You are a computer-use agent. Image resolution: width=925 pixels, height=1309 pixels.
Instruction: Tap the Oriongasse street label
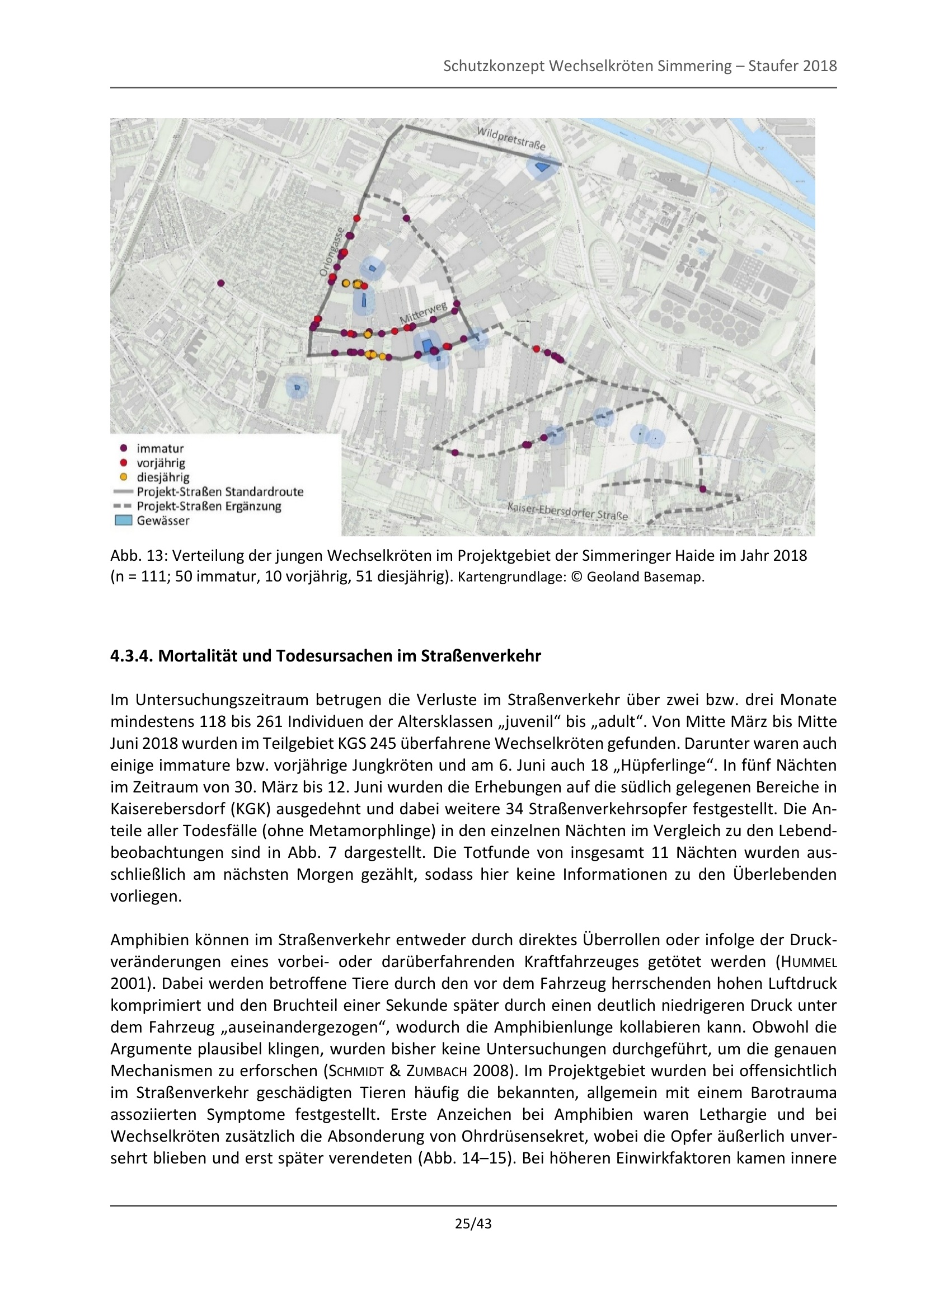332,252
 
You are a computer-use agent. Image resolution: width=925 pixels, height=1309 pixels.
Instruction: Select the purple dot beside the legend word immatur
123,448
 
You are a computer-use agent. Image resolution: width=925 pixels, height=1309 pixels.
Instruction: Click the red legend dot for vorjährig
123,462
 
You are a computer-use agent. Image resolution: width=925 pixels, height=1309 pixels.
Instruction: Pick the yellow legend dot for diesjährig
123,477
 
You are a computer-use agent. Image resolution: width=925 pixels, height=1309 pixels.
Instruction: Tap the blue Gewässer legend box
123,520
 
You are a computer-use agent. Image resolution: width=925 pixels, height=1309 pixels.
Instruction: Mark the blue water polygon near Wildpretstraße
542,167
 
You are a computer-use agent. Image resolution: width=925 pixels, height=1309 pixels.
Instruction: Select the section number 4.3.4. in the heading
132,656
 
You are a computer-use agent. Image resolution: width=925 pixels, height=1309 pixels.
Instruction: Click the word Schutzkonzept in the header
494,66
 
